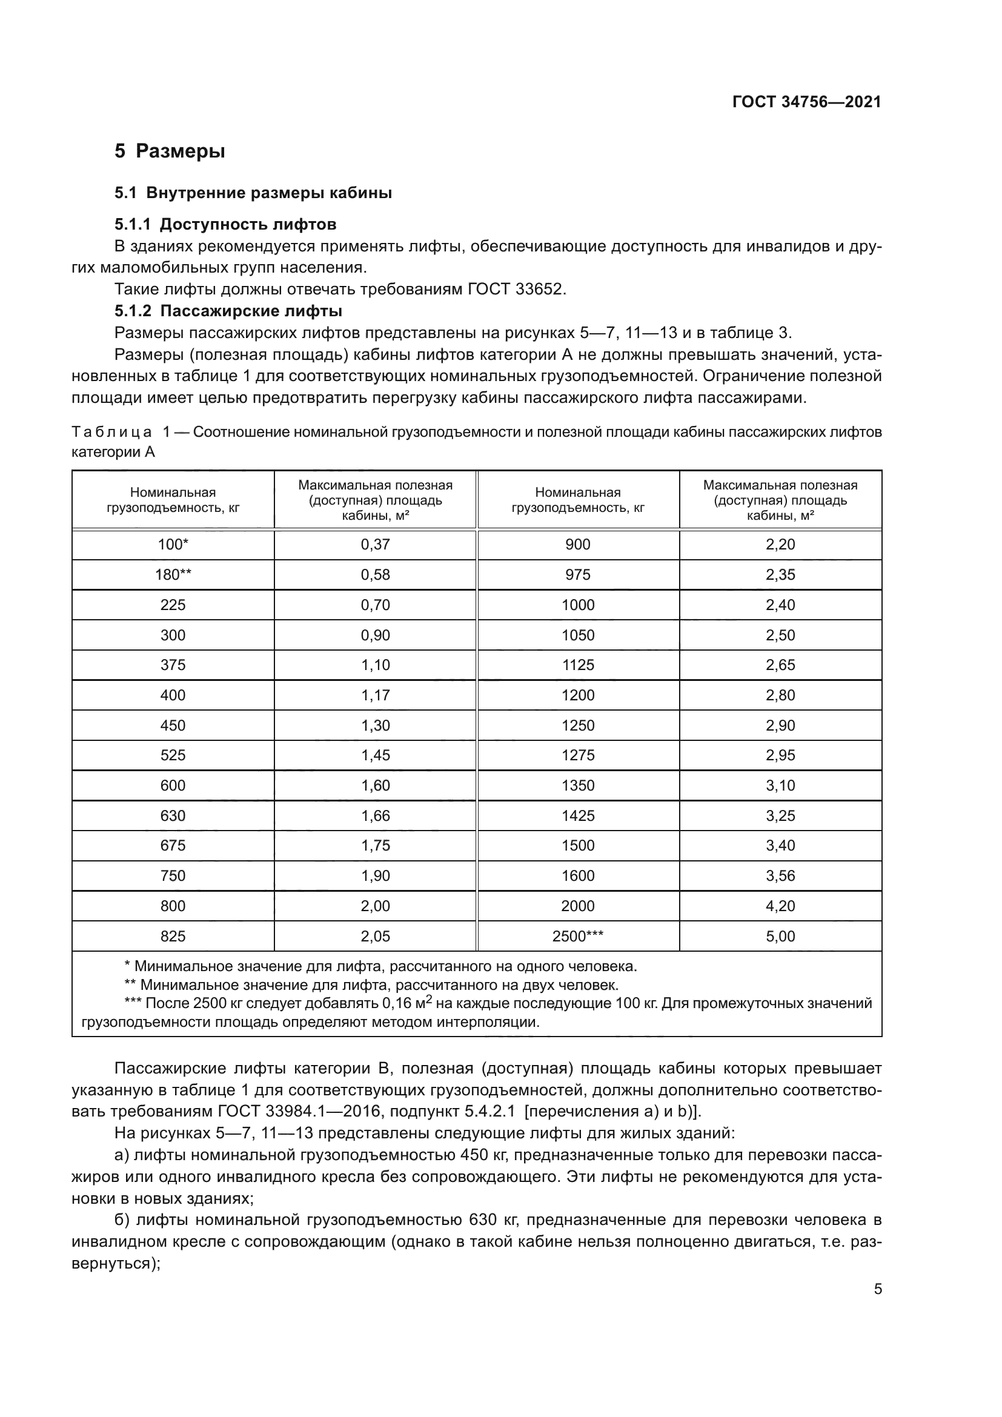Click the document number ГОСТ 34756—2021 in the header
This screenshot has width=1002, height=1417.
point(806,102)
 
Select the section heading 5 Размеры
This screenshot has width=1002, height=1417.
point(170,151)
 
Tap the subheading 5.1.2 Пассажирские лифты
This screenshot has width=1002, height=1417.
point(228,310)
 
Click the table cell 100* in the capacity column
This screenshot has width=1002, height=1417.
point(173,545)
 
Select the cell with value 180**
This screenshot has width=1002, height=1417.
point(173,574)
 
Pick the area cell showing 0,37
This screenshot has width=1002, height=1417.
point(375,545)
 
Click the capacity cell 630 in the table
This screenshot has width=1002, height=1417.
point(173,815)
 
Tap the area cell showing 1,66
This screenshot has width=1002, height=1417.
point(375,815)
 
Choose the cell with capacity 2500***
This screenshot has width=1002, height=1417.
point(577,936)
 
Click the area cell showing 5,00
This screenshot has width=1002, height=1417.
point(780,936)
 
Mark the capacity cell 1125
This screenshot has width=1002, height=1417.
point(577,665)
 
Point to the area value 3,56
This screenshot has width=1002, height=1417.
point(780,876)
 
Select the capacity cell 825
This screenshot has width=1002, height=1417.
point(173,936)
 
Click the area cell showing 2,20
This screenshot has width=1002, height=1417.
point(780,545)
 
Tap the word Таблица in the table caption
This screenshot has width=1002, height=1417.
point(111,432)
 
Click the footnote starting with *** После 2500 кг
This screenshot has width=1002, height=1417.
point(475,1004)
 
